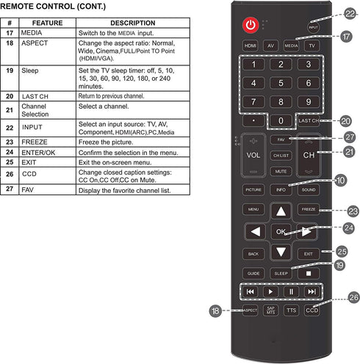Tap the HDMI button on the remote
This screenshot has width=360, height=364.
pos(251,45)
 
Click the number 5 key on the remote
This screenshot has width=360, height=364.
pos(280,83)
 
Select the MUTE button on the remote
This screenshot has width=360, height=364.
pos(280,171)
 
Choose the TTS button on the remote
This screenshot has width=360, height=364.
pos(292,310)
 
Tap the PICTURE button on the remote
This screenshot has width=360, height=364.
pos(252,189)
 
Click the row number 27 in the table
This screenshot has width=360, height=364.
pos(10,189)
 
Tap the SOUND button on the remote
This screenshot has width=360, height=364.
pos(309,189)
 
